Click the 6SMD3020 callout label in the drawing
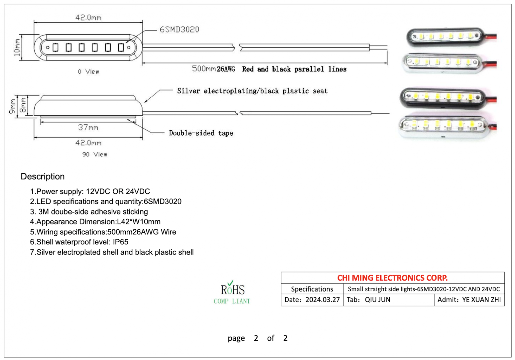click(179, 29)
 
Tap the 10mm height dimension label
click(17, 47)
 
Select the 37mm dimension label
click(88, 128)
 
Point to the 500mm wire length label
click(204, 69)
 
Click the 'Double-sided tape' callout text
click(201, 133)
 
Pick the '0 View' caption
click(88, 72)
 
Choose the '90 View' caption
click(95, 154)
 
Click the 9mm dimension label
click(12, 106)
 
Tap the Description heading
click(43, 176)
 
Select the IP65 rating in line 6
click(120, 242)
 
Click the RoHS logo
click(232, 292)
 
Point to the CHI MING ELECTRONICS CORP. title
click(392, 278)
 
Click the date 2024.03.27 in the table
click(323, 300)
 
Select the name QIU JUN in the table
click(377, 300)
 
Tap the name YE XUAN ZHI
click(481, 300)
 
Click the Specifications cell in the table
click(312, 289)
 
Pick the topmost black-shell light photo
click(451, 37)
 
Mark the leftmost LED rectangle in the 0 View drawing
click(55, 47)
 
